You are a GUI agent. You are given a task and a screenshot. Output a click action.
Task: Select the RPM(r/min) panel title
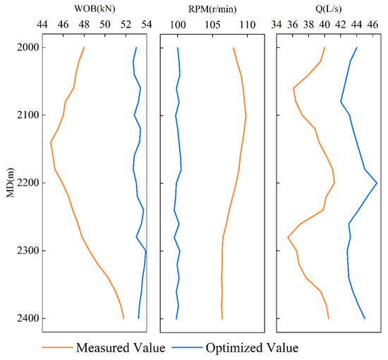(x=212, y=8)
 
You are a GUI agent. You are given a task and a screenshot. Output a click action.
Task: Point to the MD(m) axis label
(x=10, y=183)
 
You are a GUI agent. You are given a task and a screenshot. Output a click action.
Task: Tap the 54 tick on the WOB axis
(x=147, y=25)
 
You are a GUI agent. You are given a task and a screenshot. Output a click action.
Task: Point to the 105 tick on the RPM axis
(x=212, y=25)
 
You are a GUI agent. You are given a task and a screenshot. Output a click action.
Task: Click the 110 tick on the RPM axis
(x=246, y=25)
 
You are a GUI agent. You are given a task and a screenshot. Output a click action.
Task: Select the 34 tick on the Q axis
(x=277, y=25)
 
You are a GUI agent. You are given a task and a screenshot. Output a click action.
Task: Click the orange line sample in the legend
(x=57, y=348)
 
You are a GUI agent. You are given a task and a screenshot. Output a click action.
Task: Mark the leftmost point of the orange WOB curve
(x=51, y=142)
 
